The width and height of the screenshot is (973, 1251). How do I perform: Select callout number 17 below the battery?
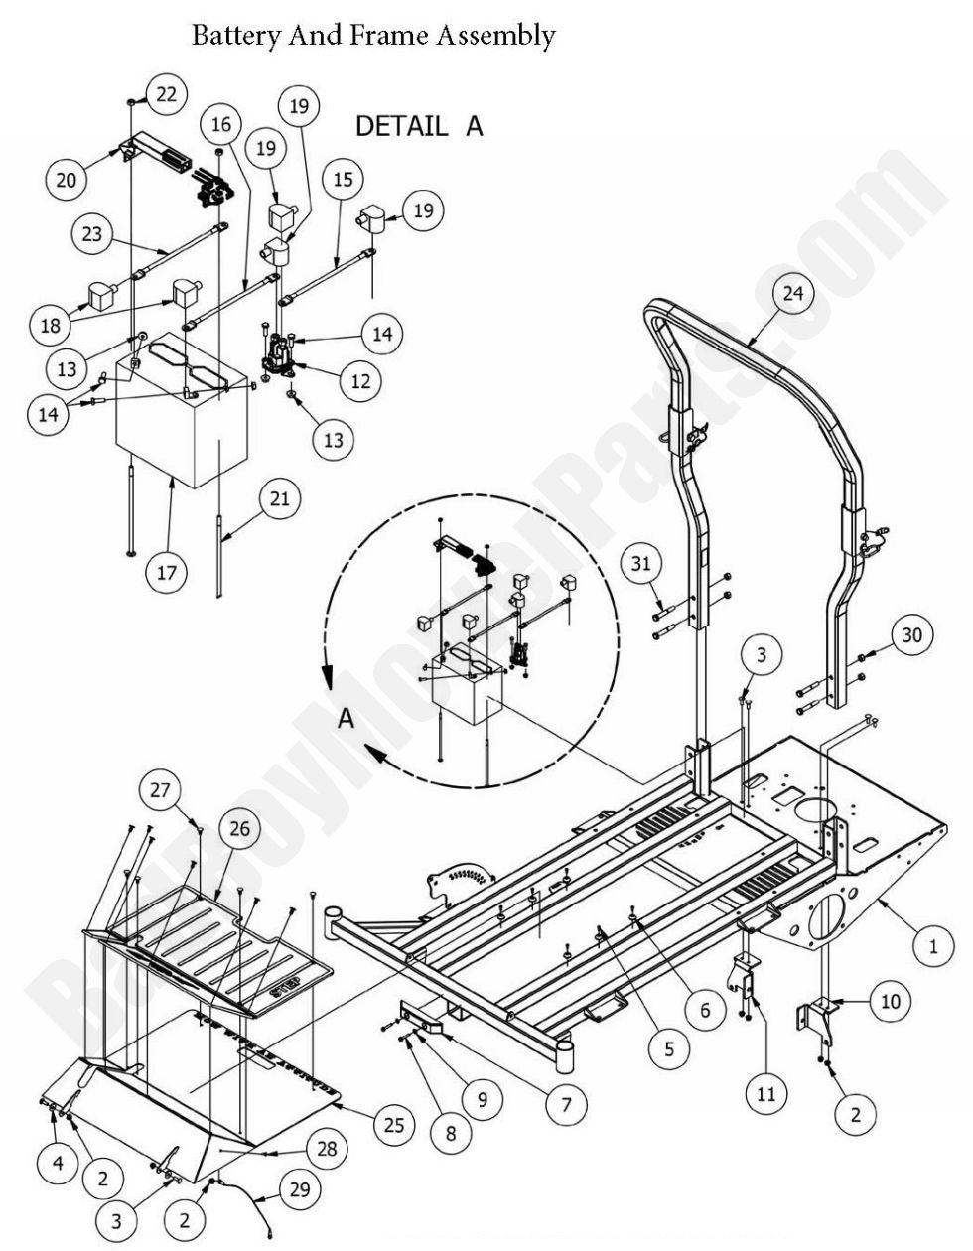[165, 571]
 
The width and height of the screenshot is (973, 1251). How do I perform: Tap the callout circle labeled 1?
[933, 946]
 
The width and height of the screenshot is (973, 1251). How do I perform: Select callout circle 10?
[890, 1001]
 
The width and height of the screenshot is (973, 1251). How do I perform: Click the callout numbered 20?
[67, 179]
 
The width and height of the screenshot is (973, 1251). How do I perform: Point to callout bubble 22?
[165, 93]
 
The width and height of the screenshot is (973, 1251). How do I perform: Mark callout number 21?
[280, 498]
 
